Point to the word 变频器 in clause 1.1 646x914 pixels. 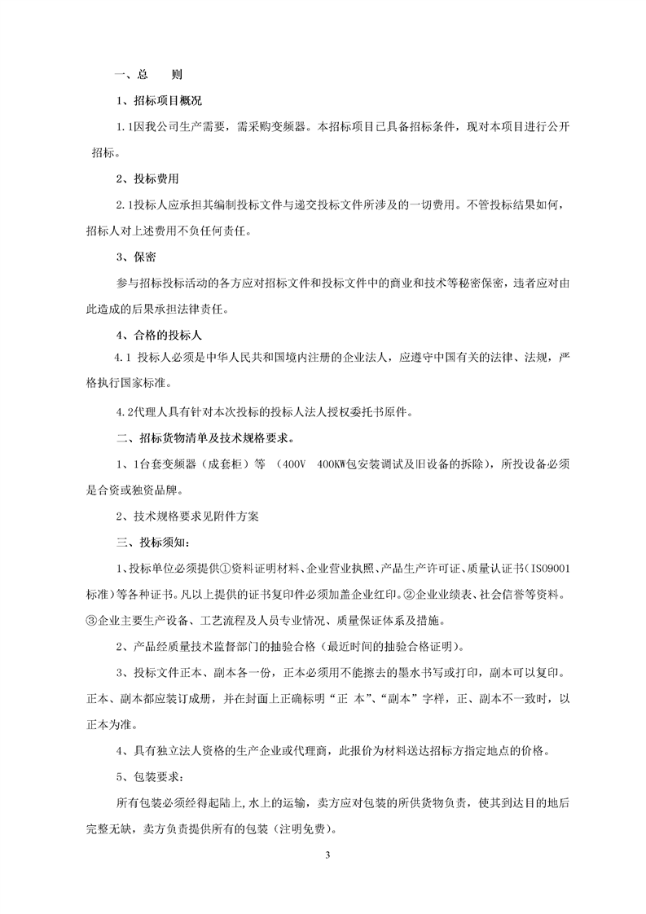(289, 127)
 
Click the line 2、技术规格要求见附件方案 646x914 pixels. (188, 516)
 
